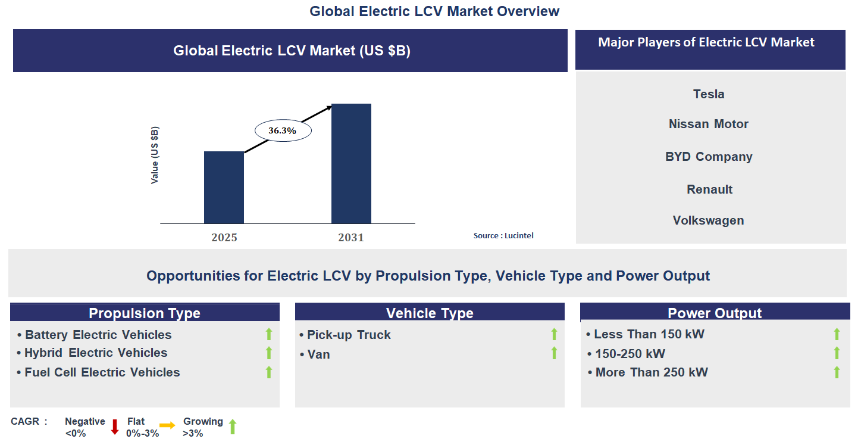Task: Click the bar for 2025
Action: [x=224, y=187]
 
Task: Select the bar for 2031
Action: [x=351, y=164]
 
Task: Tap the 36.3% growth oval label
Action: [x=283, y=131]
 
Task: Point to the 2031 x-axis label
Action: [x=351, y=238]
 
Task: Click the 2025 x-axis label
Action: [x=224, y=238]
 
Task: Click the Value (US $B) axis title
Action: [x=155, y=155]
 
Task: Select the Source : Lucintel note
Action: [x=503, y=236]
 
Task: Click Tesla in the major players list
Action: [x=709, y=94]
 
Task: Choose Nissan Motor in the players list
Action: [x=709, y=124]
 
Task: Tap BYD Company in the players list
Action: [x=709, y=157]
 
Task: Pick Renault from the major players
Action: [x=709, y=189]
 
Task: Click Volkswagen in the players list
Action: [x=709, y=220]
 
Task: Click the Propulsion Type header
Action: [x=145, y=313]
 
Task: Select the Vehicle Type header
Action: [x=430, y=313]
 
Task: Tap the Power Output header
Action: [x=715, y=313]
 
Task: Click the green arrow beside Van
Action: [x=555, y=353]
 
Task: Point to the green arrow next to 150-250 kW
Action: [x=837, y=353]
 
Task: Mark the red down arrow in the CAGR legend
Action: [x=115, y=426]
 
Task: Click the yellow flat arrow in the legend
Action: [x=167, y=425]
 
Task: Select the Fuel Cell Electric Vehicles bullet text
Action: [x=102, y=372]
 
